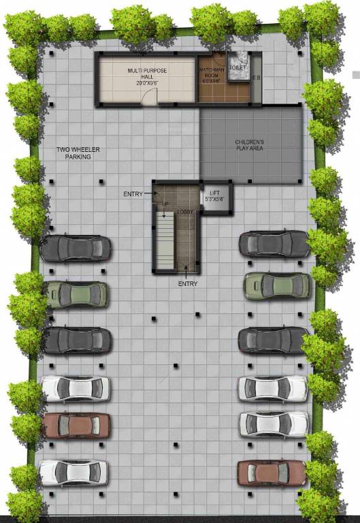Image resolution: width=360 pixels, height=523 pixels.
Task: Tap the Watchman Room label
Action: [x=211, y=74]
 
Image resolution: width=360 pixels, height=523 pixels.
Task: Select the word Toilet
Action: [x=237, y=68]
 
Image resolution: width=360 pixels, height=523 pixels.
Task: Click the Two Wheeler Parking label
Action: [x=78, y=153]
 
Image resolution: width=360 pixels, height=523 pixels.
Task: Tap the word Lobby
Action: [x=186, y=212]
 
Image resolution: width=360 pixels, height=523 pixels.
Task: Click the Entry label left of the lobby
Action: [x=133, y=194]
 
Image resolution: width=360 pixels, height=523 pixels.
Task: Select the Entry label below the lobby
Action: [x=188, y=283]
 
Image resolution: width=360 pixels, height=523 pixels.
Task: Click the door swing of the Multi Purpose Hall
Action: [x=146, y=97]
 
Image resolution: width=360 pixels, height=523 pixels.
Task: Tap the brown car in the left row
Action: [x=76, y=426]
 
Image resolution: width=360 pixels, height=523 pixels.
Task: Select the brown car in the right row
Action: [x=272, y=472]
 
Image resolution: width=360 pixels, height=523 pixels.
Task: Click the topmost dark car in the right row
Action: [x=274, y=243]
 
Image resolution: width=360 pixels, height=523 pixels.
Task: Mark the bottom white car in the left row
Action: [x=73, y=471]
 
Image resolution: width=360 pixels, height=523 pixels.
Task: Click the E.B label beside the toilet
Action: [x=256, y=78]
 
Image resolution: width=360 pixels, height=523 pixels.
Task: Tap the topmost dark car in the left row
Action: [x=76, y=248]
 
